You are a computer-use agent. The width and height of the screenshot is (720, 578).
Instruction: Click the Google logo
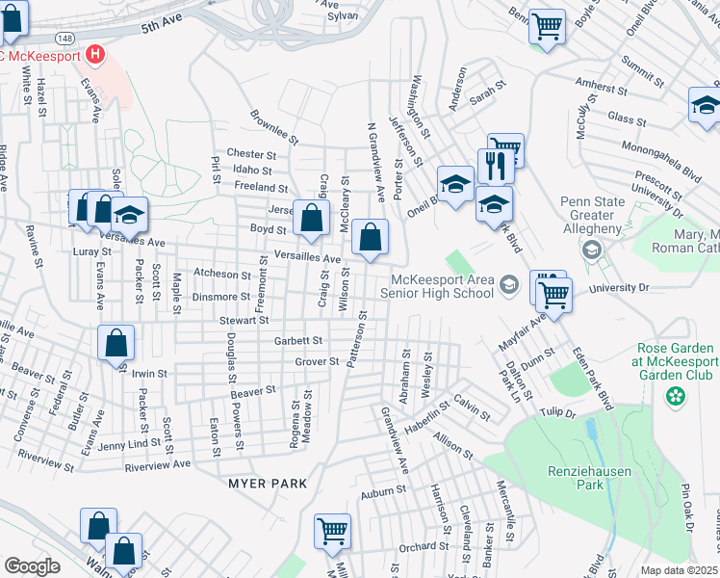(x=32, y=566)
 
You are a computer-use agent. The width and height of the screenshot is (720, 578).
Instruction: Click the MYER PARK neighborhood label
(x=268, y=483)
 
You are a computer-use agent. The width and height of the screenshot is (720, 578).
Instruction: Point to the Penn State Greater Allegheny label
(x=592, y=215)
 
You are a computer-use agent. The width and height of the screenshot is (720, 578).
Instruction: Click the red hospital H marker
(x=94, y=55)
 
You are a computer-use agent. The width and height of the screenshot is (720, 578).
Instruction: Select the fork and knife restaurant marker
(x=496, y=165)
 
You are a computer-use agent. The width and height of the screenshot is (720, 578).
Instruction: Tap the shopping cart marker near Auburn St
(x=332, y=531)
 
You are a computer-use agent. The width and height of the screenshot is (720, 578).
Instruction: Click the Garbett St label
(x=298, y=340)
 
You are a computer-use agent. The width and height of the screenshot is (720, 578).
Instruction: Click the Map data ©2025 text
(x=679, y=570)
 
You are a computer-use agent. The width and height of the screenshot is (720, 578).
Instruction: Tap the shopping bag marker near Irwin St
(x=116, y=344)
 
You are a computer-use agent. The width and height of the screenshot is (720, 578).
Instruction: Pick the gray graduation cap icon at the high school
(x=508, y=284)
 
